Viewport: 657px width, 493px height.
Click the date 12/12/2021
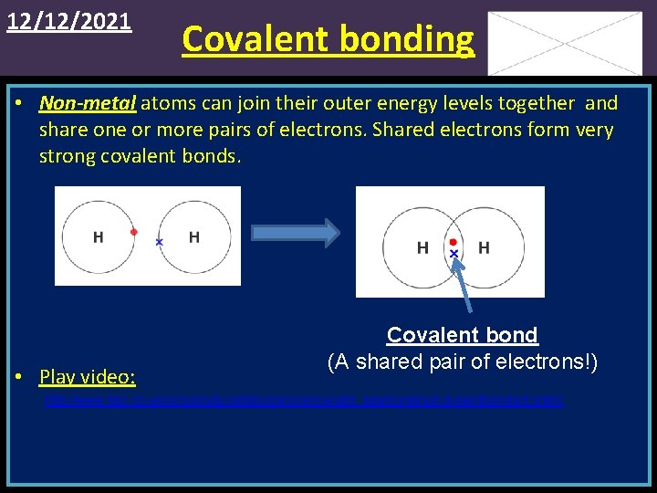[x=69, y=21]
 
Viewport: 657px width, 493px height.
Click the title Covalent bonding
[x=328, y=39]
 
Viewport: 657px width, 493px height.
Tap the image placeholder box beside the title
[x=564, y=43]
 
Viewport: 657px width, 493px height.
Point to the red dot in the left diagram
[x=133, y=232]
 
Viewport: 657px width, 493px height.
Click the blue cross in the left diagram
[x=159, y=242]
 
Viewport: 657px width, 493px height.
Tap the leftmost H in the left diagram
[x=98, y=237]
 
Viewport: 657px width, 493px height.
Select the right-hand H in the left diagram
[x=193, y=237]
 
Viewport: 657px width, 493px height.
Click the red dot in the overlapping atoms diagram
[x=453, y=242]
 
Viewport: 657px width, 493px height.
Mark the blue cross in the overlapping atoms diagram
[x=453, y=253]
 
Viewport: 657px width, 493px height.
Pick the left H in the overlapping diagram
[x=422, y=247]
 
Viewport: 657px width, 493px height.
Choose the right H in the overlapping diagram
[x=484, y=247]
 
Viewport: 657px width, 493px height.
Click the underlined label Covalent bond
[x=462, y=335]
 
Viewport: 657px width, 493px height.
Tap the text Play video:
[x=88, y=377]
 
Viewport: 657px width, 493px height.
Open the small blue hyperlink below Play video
[x=304, y=401]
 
